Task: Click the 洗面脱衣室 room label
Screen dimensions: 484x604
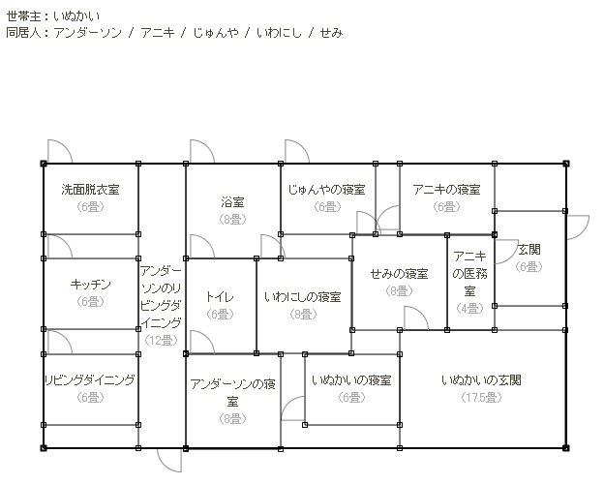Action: tap(90, 191)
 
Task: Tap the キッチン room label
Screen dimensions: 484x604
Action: tap(90, 285)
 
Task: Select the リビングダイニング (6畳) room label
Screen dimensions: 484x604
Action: tap(90, 380)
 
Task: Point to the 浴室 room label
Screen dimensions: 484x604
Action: tap(232, 202)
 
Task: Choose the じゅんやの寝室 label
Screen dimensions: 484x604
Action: tap(326, 190)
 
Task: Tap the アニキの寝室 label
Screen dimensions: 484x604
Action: tap(446, 190)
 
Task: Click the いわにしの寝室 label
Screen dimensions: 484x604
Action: tap(303, 296)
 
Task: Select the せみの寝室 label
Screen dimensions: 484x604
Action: tap(399, 273)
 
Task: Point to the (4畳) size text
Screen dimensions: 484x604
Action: tap(469, 308)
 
